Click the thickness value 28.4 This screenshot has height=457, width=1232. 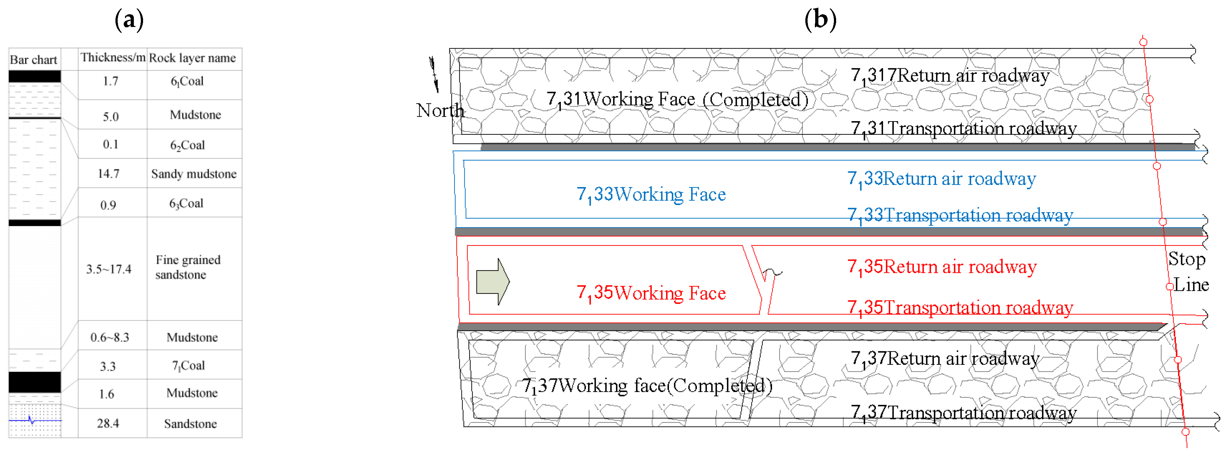[x=108, y=423]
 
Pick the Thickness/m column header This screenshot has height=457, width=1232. [x=113, y=58]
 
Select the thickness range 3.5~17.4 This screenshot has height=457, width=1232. [x=108, y=269]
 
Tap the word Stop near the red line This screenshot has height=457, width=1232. [x=1187, y=259]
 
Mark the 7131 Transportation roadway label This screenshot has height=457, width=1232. [x=964, y=128]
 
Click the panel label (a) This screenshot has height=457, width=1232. [x=129, y=20]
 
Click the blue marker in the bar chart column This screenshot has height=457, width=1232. [x=32, y=421]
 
